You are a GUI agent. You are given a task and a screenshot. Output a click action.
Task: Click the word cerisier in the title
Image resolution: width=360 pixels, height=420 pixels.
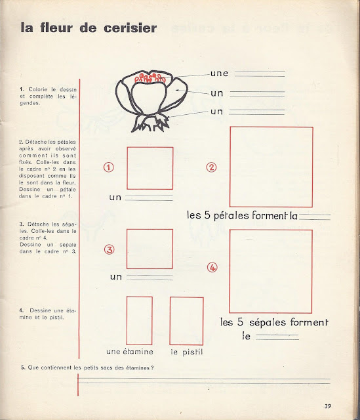point(130,28)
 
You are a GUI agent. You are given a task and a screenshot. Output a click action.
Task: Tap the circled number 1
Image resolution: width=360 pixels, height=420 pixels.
point(109,167)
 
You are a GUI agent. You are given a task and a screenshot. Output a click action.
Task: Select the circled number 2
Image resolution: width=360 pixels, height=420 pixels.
point(211,167)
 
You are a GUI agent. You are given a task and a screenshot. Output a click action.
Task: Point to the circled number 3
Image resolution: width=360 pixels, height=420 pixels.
point(110,249)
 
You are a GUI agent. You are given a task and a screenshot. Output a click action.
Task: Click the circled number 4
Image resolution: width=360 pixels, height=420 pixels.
point(212,267)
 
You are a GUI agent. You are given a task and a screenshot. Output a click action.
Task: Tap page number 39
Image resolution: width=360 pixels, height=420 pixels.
point(328,406)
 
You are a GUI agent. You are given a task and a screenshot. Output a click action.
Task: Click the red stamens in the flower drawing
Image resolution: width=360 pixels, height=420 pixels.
point(150,77)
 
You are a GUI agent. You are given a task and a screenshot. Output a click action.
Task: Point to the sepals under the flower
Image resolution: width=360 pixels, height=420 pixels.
point(150,123)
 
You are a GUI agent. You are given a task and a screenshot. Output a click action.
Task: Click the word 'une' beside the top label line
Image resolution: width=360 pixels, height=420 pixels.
point(219,73)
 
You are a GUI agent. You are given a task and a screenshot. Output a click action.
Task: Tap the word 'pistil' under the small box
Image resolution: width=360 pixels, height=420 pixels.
point(192,352)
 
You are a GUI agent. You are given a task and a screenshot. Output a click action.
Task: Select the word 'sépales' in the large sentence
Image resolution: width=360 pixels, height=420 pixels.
point(267,322)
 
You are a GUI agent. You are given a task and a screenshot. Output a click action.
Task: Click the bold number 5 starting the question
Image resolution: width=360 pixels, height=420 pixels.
point(22,367)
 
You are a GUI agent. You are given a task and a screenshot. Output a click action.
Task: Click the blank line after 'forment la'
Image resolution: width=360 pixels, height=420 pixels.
point(315,217)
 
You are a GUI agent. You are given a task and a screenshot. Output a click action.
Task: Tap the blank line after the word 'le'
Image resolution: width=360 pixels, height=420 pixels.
point(277,337)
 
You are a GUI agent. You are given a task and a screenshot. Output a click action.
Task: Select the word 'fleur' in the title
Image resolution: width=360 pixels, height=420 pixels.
point(56,28)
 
